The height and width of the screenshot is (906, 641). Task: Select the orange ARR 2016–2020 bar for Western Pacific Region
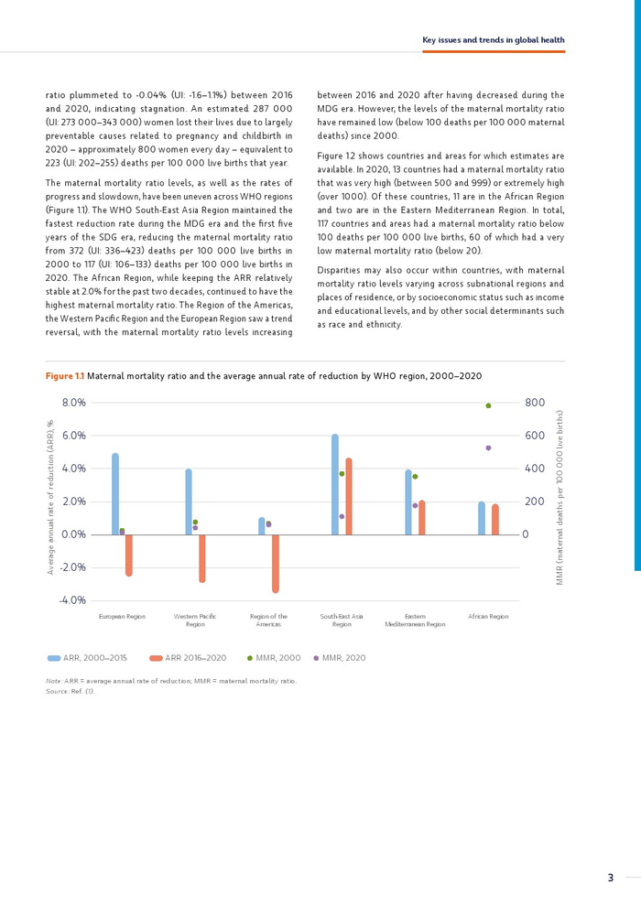(x=202, y=558)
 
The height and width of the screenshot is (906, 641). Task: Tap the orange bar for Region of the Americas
(x=276, y=563)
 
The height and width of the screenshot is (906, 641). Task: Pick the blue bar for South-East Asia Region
(x=335, y=485)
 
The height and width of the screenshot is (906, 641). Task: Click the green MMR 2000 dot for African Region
(x=488, y=405)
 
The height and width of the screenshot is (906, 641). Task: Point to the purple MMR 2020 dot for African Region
(x=488, y=448)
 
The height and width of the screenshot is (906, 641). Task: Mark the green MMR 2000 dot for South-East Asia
(x=342, y=473)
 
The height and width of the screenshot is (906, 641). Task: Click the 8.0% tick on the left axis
(x=73, y=403)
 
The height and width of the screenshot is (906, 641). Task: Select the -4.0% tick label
(x=72, y=600)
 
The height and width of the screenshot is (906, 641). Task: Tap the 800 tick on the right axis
(x=535, y=403)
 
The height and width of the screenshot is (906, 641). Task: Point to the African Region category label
(x=488, y=617)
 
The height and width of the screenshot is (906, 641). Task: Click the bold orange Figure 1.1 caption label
(x=65, y=376)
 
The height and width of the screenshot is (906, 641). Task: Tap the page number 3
(x=610, y=878)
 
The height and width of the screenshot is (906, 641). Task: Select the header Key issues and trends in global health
(x=493, y=40)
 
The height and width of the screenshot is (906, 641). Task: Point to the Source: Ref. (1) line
(x=71, y=691)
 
